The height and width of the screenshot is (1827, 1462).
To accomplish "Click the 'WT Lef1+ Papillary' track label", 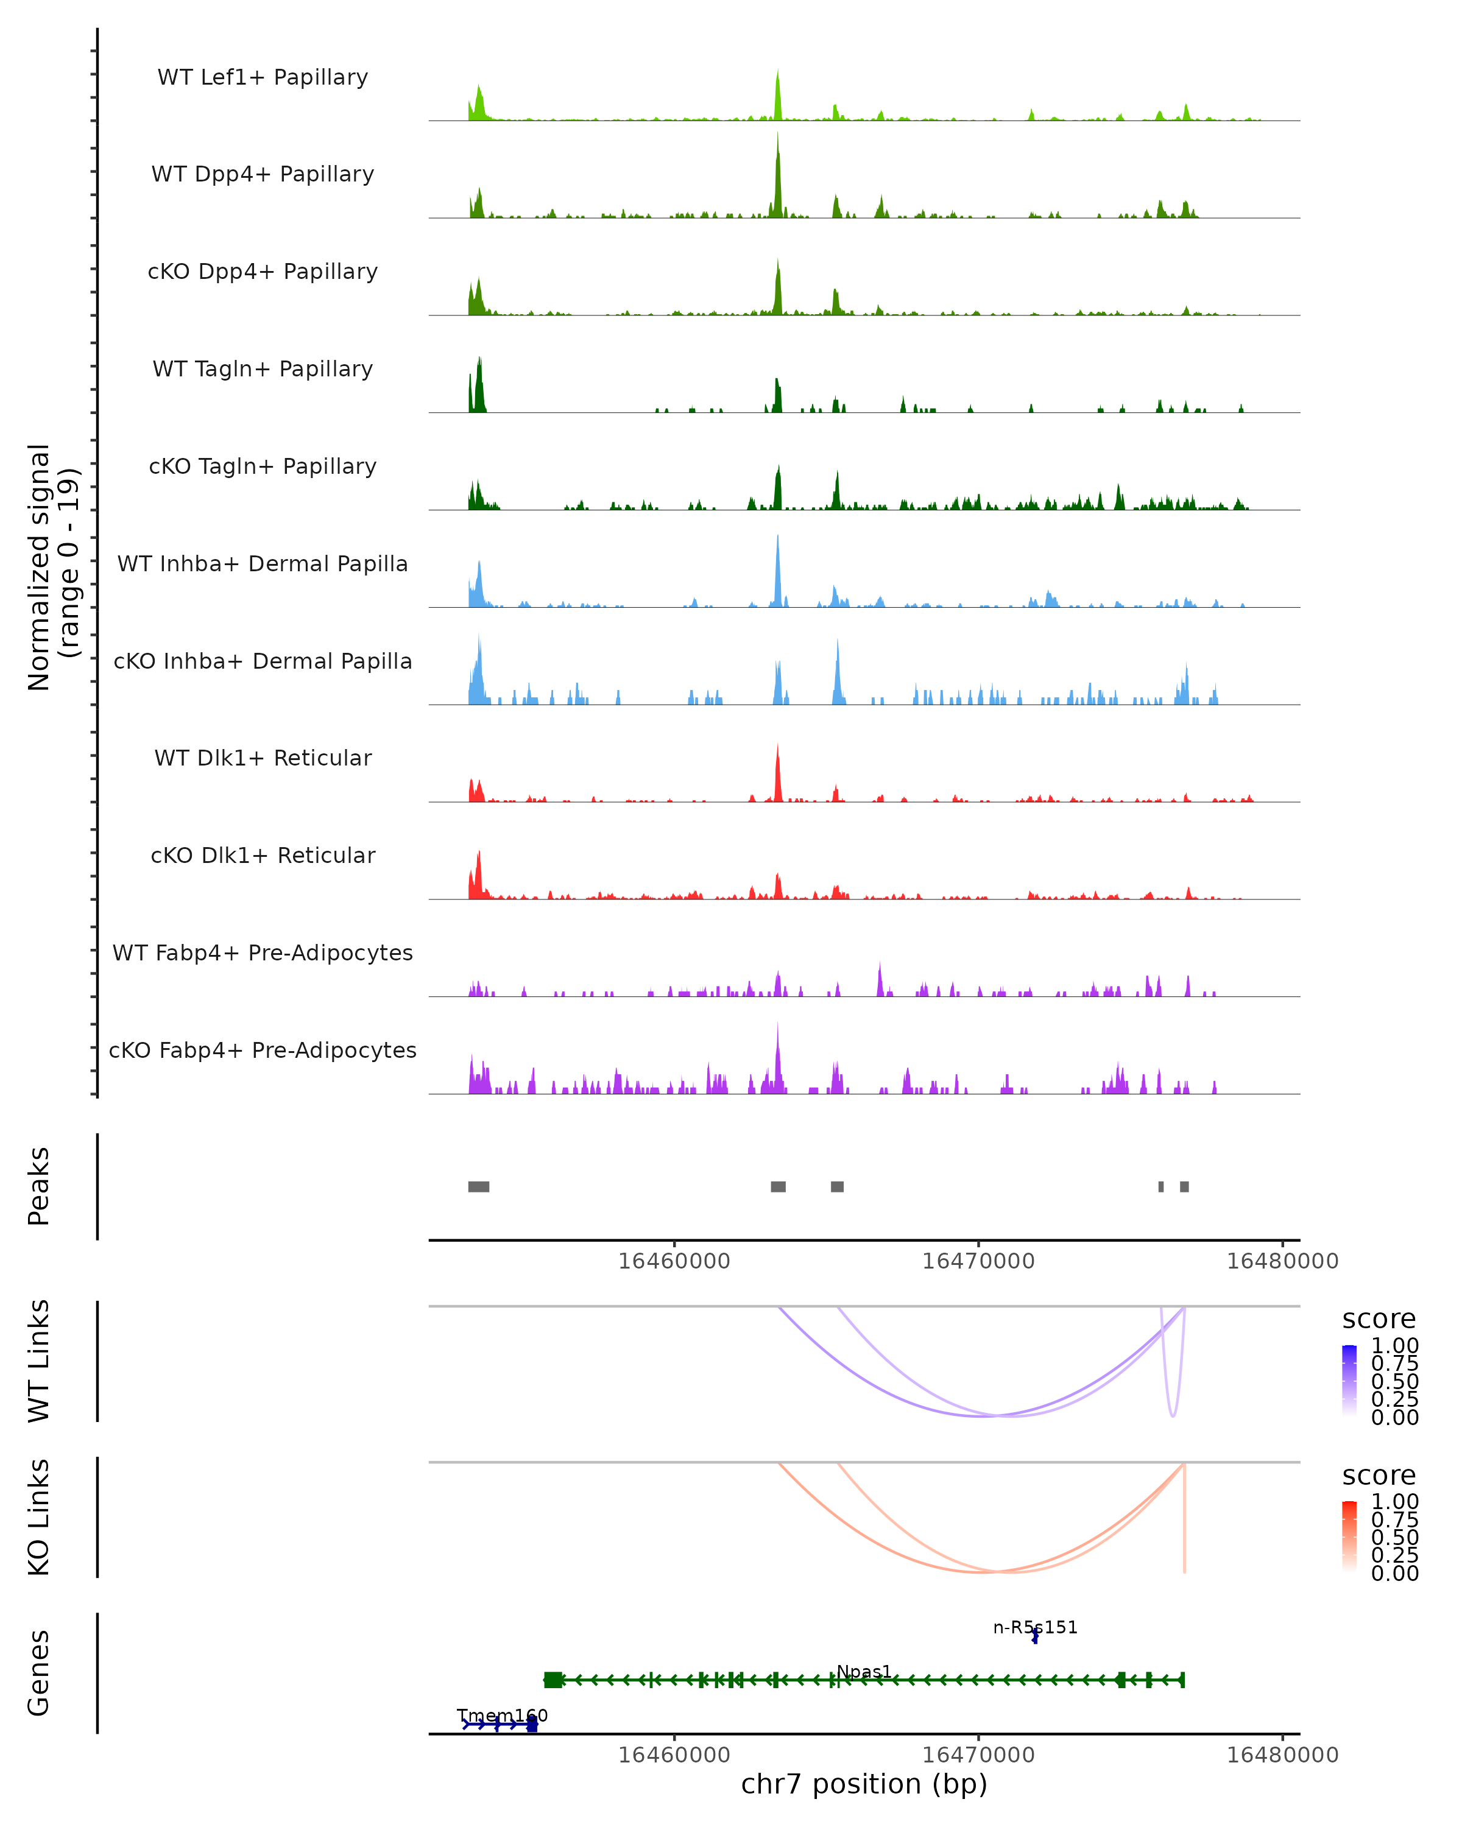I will (x=263, y=77).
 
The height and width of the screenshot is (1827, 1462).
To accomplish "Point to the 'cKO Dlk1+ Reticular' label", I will (x=263, y=855).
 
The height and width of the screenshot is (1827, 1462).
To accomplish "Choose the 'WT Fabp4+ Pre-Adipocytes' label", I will (x=263, y=952).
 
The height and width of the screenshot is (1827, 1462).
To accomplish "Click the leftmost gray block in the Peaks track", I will (x=478, y=1186).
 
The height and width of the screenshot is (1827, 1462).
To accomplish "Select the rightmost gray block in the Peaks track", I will (x=1184, y=1186).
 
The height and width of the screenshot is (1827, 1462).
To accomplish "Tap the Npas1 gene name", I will (x=864, y=1671).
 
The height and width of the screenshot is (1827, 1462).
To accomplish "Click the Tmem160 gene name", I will (x=502, y=1715).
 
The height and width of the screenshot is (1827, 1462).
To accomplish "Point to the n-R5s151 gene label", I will (x=1035, y=1627).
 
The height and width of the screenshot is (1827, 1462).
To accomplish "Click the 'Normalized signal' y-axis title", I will (x=52, y=567).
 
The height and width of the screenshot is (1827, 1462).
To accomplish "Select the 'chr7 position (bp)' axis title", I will (x=864, y=1784).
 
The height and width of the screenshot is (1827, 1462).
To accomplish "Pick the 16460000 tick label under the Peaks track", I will (x=674, y=1261).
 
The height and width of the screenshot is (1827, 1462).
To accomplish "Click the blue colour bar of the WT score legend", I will (x=1349, y=1379).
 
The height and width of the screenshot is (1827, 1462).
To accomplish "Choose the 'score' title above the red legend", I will (x=1378, y=1476).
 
